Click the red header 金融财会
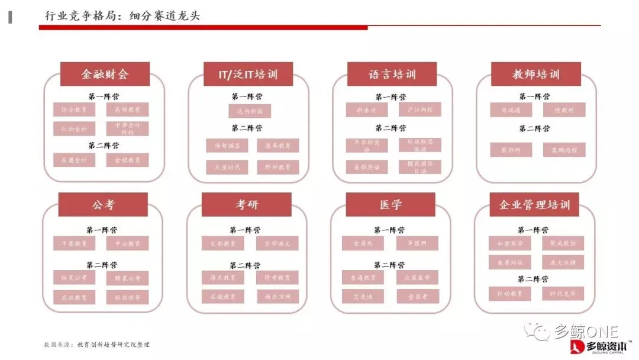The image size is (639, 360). tap(105, 74)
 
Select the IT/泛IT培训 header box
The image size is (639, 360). tap(248, 74)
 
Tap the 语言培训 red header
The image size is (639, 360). tap(392, 74)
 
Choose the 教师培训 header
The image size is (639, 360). tap(535, 74)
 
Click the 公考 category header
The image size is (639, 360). tap(103, 205)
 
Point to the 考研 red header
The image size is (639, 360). tap(247, 205)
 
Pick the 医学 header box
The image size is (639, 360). tap(390, 205)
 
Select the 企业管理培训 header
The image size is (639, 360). tap(534, 205)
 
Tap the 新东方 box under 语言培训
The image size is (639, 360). tap(367, 110)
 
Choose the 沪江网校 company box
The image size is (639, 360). tap(419, 110)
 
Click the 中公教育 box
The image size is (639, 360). tap(127, 243)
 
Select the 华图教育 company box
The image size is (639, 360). tap(74, 243)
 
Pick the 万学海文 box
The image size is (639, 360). tap(277, 243)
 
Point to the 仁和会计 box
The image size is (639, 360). tap(74, 128)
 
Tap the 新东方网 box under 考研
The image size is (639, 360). tap(277, 296)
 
